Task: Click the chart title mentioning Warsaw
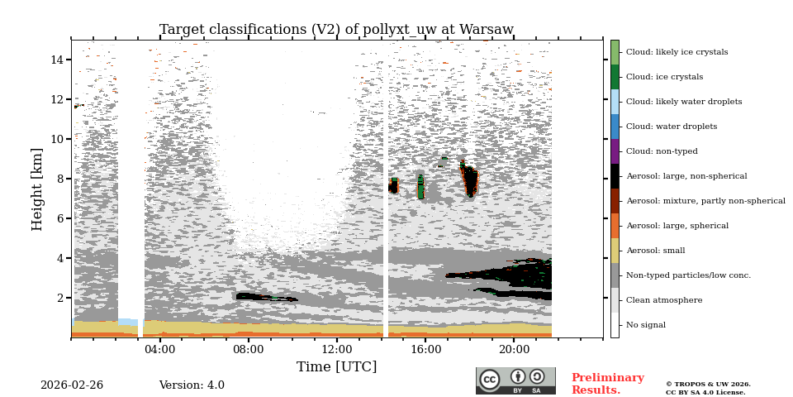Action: (336, 30)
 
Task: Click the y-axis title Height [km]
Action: (37, 189)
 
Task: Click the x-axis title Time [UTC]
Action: (336, 366)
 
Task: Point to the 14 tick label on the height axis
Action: (57, 60)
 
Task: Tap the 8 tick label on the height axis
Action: (60, 179)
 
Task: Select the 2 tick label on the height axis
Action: (60, 298)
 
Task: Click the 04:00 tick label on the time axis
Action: (159, 349)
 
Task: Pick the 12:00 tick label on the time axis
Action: (337, 349)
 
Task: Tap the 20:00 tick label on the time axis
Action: (514, 349)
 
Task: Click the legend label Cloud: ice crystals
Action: (664, 77)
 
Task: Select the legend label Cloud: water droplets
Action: (672, 127)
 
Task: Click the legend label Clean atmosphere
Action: (663, 300)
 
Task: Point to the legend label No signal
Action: (645, 325)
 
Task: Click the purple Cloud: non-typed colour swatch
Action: (615, 151)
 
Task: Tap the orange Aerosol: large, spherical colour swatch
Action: (615, 226)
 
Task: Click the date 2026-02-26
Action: (72, 385)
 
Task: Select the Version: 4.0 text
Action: (192, 385)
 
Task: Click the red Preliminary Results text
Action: (607, 384)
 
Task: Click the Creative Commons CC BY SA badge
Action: (515, 380)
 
